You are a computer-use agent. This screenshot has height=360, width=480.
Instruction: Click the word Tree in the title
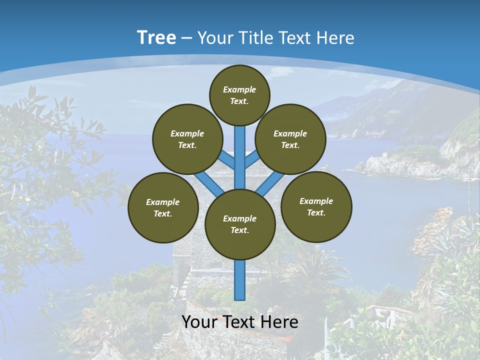click(x=156, y=38)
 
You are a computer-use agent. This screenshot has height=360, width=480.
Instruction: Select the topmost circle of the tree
click(x=239, y=95)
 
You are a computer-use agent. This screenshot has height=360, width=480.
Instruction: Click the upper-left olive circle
click(x=187, y=139)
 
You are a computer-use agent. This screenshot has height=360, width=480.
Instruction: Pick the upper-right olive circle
click(x=290, y=139)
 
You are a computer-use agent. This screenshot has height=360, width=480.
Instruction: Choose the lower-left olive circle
click(x=163, y=207)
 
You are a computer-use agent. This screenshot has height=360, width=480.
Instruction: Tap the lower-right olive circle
click(x=316, y=206)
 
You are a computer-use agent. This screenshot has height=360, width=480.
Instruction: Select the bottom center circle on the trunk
click(x=240, y=224)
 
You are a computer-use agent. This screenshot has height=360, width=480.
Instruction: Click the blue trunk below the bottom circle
click(x=240, y=280)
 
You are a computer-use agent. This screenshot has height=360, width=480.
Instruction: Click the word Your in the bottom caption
click(x=199, y=322)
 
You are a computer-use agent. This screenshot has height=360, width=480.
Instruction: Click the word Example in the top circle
click(x=239, y=89)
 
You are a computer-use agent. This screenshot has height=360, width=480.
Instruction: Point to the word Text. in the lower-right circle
click(x=316, y=212)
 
